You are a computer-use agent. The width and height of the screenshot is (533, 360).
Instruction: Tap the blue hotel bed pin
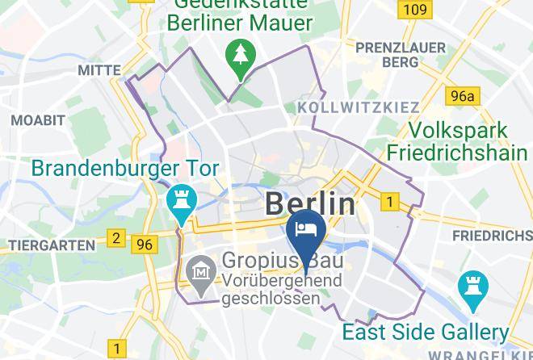(306, 230)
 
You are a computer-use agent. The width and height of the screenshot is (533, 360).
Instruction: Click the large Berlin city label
(310, 202)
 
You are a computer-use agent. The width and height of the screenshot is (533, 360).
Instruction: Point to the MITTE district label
(99, 71)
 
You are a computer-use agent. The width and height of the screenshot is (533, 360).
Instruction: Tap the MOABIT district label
(37, 119)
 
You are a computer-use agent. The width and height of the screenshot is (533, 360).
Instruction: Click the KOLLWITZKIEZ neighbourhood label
(359, 107)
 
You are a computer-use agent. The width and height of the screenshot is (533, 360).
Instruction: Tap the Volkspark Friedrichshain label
(458, 141)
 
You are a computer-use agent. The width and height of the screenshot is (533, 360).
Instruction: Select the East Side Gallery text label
(426, 332)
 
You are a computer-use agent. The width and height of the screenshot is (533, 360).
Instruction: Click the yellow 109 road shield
(413, 10)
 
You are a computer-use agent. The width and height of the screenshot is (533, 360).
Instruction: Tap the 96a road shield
(463, 97)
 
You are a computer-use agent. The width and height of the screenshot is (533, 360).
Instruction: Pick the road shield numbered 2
(117, 238)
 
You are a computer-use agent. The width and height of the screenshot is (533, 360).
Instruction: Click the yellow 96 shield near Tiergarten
(145, 244)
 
